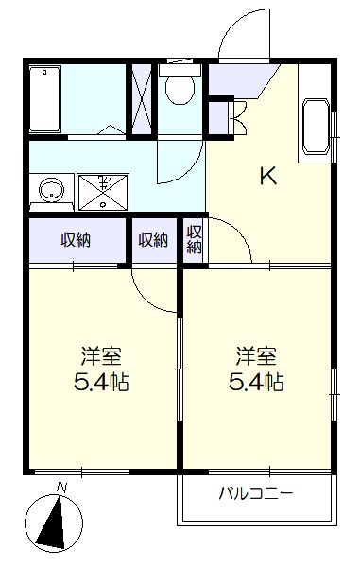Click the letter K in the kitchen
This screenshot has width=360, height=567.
pyautogui.click(x=268, y=177)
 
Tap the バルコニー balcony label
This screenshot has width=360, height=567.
pyautogui.click(x=255, y=493)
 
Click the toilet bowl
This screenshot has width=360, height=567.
pyautogui.click(x=180, y=90)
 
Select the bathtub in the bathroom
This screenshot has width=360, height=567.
pyautogui.click(x=44, y=99)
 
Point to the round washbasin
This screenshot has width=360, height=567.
pyautogui.click(x=52, y=190)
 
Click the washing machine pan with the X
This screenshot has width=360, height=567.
pyautogui.click(x=103, y=192)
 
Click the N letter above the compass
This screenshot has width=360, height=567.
pyautogui.click(x=62, y=488)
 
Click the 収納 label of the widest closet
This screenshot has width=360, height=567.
pyautogui.click(x=76, y=240)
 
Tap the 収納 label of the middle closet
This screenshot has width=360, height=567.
pyautogui.click(x=153, y=240)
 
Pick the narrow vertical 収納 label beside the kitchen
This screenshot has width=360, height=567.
pyautogui.click(x=194, y=239)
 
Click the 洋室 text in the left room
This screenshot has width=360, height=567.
pyautogui.click(x=101, y=356)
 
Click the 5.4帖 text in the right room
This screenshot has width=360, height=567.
pyautogui.click(x=256, y=382)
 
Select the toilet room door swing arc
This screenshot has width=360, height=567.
pyautogui.click(x=189, y=170)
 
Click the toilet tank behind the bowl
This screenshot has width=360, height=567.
pyautogui.click(x=180, y=70)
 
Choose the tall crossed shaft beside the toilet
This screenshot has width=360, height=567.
pyautogui.click(x=141, y=99)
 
